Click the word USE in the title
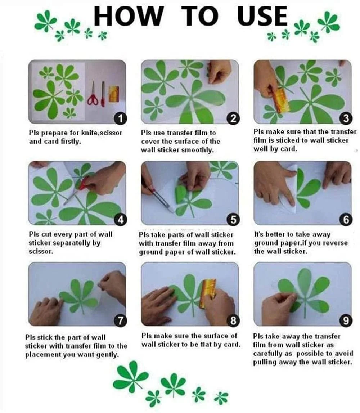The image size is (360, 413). pyautogui.click(x=262, y=16)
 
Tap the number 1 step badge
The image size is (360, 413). pyautogui.click(x=120, y=119)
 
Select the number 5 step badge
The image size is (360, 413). pyautogui.click(x=233, y=220)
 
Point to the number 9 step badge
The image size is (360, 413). pyautogui.click(x=346, y=321)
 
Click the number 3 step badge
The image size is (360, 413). pyautogui.click(x=346, y=118)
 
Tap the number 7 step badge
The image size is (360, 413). pyautogui.click(x=120, y=321)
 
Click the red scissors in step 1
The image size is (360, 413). pyautogui.click(x=93, y=94)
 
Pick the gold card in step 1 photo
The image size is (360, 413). pyautogui.click(x=114, y=94)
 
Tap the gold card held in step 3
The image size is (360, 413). pyautogui.click(x=281, y=100)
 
